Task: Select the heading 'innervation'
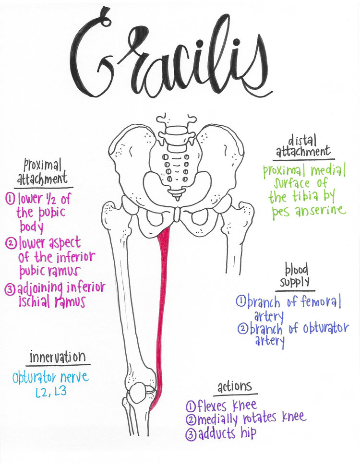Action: tap(58, 358)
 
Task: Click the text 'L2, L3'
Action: tap(51, 392)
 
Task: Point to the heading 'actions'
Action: tap(234, 387)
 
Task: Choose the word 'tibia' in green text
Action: tap(303, 197)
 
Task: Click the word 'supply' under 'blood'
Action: tap(296, 282)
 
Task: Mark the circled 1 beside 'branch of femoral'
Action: tap(241, 302)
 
